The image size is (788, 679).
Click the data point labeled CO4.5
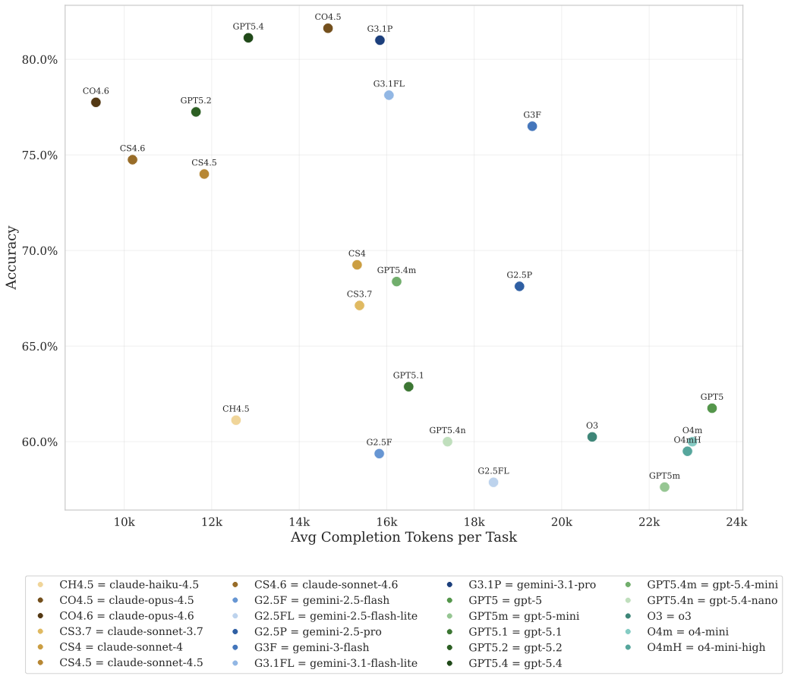tap(328, 28)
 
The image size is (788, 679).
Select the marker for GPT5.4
tap(248, 38)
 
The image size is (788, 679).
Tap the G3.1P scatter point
tap(380, 40)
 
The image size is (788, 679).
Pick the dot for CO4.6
tap(96, 102)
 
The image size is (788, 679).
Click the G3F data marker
tap(532, 126)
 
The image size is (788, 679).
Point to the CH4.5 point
tap(236, 420)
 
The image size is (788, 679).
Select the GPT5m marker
tap(664, 487)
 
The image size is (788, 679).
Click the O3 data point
tap(592, 437)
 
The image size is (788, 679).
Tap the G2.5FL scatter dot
tap(493, 483)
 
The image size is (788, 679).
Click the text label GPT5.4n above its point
tap(447, 430)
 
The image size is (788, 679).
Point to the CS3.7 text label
tap(359, 294)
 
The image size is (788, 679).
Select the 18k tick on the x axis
tap(474, 523)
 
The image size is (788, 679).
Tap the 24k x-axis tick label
tap(736, 523)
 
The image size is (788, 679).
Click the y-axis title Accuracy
tap(12, 256)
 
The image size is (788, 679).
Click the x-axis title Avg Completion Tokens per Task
tap(403, 538)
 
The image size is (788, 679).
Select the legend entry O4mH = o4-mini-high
tap(705, 647)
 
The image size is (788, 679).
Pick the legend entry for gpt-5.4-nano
tap(711, 600)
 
